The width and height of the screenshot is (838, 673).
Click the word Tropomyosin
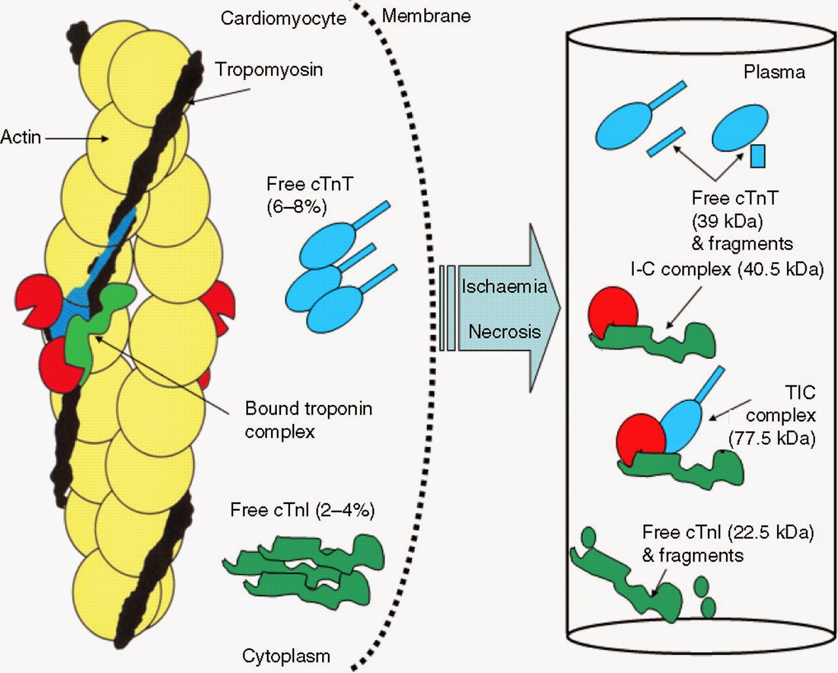pos(268,69)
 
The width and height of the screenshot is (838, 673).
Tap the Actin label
pos(20,138)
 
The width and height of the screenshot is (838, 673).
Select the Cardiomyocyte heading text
pos(283,18)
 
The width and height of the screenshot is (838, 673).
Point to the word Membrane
pos(426,16)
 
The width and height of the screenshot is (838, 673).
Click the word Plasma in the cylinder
pos(774,71)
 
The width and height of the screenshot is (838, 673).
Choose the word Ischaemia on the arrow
pos(504,286)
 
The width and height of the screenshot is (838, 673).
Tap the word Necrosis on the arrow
pos(504,331)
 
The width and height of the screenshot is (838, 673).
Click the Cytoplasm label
pos(285,655)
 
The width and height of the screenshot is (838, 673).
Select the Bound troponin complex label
pos(308,420)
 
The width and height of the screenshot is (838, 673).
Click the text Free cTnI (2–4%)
pos(302,510)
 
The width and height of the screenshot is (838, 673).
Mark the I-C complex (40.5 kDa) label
pos(727,269)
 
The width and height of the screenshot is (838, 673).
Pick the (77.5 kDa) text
pos(772,438)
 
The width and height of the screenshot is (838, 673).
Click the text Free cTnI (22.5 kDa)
pos(727,532)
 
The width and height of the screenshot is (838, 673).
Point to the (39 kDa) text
pos(727,220)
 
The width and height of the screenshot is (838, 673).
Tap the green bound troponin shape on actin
pos(92,321)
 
